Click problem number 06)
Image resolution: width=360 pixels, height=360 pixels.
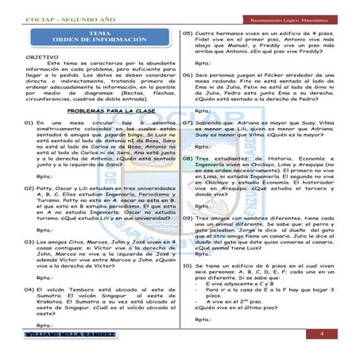[188, 73]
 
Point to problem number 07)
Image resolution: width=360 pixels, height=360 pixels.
[188, 125]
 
